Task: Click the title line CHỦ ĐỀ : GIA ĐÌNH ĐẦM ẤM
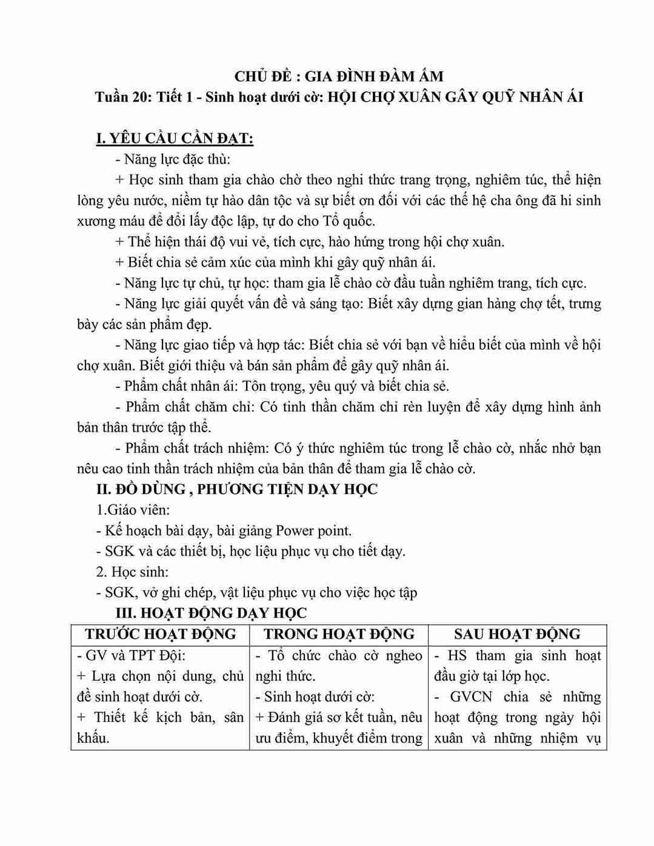tap(339, 76)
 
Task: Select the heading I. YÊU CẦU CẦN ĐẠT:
tap(175, 139)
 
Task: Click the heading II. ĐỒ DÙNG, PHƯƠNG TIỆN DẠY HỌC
tap(237, 489)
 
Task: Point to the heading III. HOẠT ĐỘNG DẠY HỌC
tap(212, 613)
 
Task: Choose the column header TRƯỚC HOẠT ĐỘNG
tap(160, 634)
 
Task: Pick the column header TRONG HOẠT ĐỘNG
tap(339, 634)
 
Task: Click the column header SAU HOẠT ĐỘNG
tap(517, 634)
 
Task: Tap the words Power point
tap(313, 531)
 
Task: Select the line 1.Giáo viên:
tap(133, 510)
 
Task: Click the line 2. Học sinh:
tap(132, 571)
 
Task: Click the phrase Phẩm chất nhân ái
tap(182, 386)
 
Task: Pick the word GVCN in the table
tap(472, 696)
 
